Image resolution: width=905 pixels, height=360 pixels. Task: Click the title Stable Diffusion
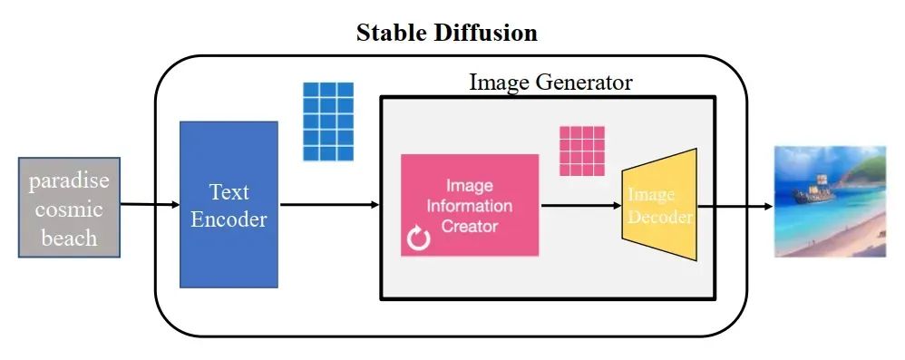pos(447,34)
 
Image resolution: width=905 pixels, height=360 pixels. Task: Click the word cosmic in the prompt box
pos(69,209)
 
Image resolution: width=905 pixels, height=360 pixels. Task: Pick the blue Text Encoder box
pos(228,204)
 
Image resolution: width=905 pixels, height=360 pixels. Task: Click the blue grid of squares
pos(327,121)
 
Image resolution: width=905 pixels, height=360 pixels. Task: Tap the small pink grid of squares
pos(581,150)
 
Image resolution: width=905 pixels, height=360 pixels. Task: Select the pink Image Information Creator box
pos(470,205)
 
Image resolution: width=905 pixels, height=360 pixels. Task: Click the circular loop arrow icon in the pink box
pos(418,239)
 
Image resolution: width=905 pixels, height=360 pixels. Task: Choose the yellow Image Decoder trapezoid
pos(659,206)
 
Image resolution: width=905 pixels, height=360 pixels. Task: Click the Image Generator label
pos(550,82)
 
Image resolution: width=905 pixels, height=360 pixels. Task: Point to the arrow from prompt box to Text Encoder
pos(151,204)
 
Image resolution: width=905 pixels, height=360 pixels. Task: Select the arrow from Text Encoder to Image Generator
pos(327,204)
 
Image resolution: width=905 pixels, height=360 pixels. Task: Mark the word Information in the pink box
pos(470,206)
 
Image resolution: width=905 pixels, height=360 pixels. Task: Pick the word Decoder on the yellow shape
pos(661,218)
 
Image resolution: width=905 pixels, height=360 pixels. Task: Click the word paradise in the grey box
pos(69,180)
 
